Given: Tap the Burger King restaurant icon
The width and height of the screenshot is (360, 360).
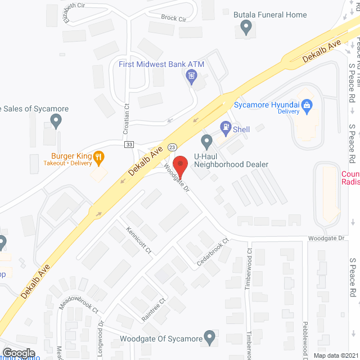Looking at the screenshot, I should click(99, 157).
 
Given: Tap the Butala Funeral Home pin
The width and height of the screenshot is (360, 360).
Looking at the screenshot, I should click(245, 26).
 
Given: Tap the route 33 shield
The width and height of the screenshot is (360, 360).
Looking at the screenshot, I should click(129, 145).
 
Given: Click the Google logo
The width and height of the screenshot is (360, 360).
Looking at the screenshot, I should click(18, 353).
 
